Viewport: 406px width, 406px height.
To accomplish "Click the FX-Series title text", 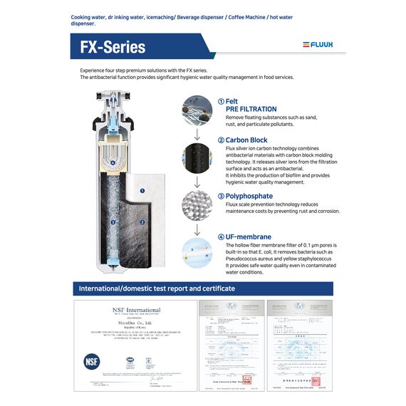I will tap(113, 47).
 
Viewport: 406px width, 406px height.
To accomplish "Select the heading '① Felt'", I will tap(232, 101).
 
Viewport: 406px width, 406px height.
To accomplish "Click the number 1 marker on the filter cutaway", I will tap(142, 191).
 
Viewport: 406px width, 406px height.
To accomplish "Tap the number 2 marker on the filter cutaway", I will tap(142, 222).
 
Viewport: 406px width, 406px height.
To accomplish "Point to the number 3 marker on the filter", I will tap(113, 222).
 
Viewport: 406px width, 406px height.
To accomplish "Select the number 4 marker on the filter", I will tap(113, 162).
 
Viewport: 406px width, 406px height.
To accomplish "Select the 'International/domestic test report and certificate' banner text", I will tap(157, 288).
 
